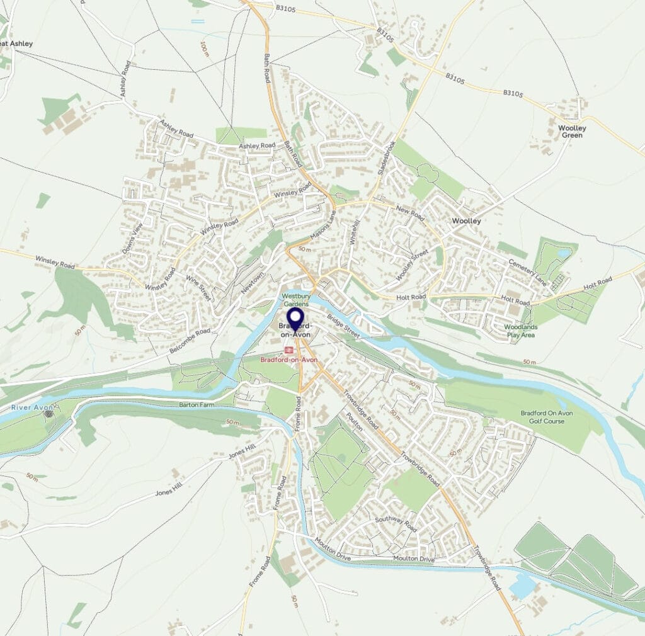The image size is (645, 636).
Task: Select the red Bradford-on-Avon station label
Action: pyautogui.click(x=289, y=360)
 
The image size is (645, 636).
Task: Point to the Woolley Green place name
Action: pyautogui.click(x=572, y=132)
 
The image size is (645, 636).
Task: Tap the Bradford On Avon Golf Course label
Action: pyautogui.click(x=546, y=417)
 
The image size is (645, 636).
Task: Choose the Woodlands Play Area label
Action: pyautogui.click(x=520, y=331)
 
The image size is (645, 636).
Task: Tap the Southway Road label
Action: pyautogui.click(x=396, y=524)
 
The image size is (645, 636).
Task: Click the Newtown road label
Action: pyautogui.click(x=252, y=285)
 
